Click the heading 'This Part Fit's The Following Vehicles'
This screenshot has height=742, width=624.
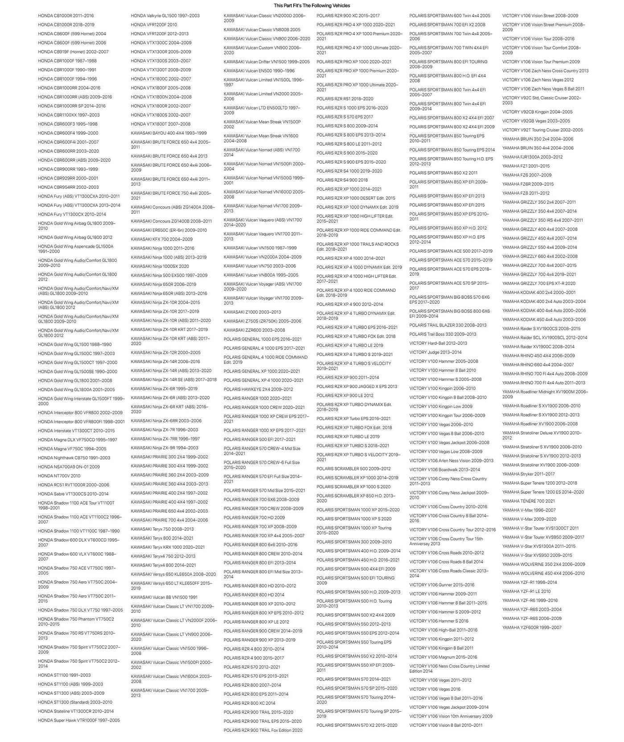coord(312,6)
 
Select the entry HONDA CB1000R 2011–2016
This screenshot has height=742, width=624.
coord(66,16)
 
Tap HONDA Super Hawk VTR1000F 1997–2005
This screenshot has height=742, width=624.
coord(79,720)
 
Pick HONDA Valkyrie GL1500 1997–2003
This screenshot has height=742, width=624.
coord(165,16)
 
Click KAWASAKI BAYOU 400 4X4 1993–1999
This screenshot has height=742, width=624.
coord(169,133)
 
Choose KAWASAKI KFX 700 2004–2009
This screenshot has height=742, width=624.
coord(162,239)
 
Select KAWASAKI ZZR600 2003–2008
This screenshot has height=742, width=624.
coord(255,330)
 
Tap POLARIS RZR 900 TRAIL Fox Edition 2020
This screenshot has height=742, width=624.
coord(263,730)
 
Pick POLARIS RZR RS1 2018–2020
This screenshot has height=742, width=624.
coord(345,99)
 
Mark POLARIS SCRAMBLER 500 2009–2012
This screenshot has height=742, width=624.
coord(353,469)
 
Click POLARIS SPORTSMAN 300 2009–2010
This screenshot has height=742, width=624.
coord(354,542)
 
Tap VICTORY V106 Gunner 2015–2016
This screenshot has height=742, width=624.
coord(442,585)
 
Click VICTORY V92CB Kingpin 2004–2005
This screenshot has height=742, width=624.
coord(538,112)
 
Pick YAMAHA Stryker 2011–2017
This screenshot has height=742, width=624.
coord(529,474)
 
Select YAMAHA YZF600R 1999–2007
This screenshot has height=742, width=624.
coord(532,628)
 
